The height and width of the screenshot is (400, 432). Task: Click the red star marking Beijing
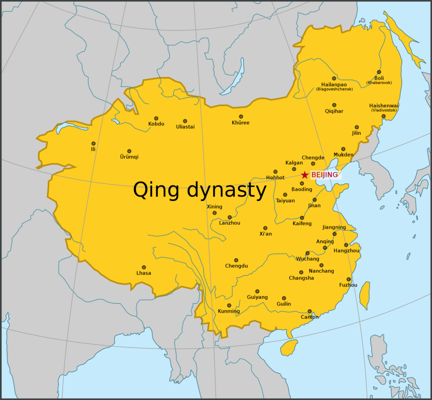pos(305,175)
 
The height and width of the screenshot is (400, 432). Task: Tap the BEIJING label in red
pos(324,175)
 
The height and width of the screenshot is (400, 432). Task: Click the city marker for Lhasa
pos(144,267)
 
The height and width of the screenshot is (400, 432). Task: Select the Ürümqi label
pos(129,157)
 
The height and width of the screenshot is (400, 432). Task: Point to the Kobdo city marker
pos(156,118)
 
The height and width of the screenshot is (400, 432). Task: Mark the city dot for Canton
pos(309,311)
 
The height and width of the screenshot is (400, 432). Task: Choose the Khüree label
pos(241,123)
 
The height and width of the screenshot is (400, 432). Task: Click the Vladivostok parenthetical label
pos(384,110)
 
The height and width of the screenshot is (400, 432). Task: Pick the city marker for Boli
pos(379,72)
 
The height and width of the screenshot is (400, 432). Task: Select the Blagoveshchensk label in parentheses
pos(334,89)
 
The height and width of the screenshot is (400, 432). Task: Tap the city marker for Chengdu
pos(236,260)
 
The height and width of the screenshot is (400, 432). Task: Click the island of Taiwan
pos(365,295)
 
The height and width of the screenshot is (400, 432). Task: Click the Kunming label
pos(229,311)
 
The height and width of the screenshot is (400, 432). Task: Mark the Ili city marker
pos(93,143)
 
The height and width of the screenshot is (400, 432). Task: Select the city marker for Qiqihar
pos(334,105)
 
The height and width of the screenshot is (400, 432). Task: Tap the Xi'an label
pos(265,234)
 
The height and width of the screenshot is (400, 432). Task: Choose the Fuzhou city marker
pos(349,279)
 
